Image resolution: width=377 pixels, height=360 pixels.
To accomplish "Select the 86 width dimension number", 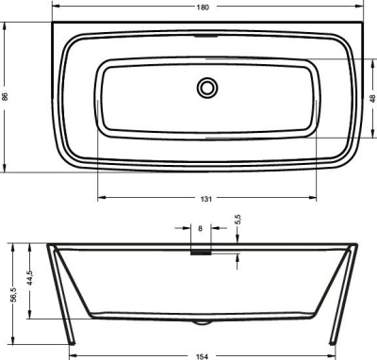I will [7, 97].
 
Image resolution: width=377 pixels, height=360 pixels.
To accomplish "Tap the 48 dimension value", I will [371, 97].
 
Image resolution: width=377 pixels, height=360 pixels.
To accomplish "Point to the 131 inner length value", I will [205, 197].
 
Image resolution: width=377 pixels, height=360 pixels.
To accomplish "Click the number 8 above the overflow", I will [200, 228].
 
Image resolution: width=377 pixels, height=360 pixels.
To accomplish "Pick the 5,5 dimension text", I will [238, 219].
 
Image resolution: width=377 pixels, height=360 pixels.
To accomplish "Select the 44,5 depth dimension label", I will [30, 281].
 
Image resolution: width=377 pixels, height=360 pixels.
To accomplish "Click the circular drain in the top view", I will [206, 88].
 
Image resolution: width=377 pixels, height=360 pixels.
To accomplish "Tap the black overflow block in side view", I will [201, 251].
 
